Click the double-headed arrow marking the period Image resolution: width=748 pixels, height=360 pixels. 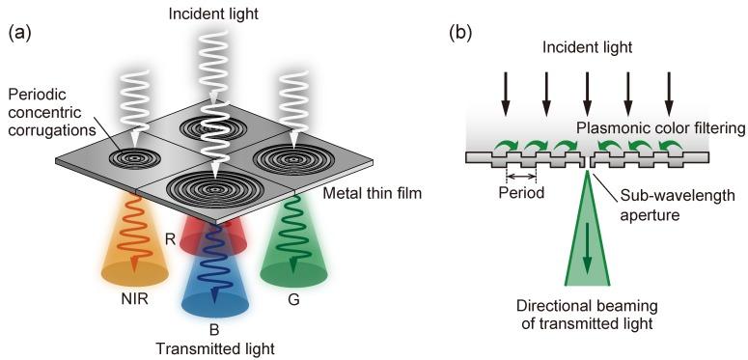tap(523, 177)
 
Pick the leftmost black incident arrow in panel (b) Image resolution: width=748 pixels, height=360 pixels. tap(505, 95)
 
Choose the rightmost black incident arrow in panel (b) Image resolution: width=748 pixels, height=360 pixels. tap(668, 95)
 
